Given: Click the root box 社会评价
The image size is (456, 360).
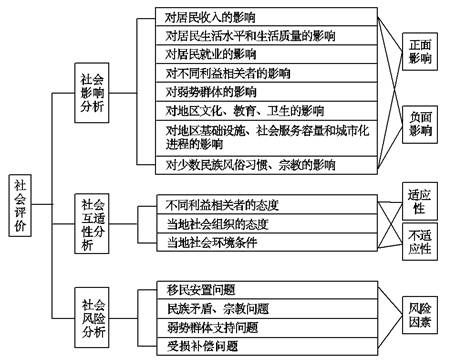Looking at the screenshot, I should point(22,205).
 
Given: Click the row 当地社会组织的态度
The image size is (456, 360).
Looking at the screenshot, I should point(215,223).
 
